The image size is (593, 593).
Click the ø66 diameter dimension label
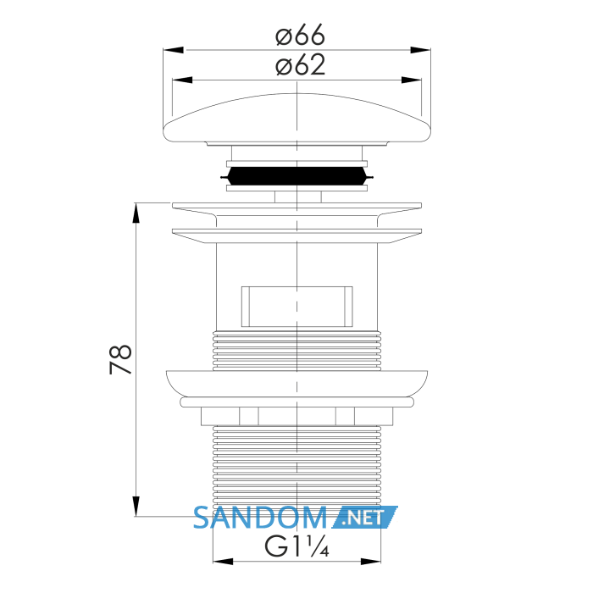point(300,35)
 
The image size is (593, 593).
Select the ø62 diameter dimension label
point(300,65)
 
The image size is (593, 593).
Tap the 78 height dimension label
point(120,359)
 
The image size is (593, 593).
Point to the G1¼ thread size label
point(296,546)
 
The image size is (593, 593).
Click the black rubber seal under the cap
point(296,176)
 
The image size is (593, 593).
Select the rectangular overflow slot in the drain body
point(296,307)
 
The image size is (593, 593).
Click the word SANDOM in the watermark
point(260,518)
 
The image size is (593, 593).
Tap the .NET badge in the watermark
point(365,517)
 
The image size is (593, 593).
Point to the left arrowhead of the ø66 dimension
point(173,50)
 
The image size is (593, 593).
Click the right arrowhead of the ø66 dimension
point(420,50)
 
